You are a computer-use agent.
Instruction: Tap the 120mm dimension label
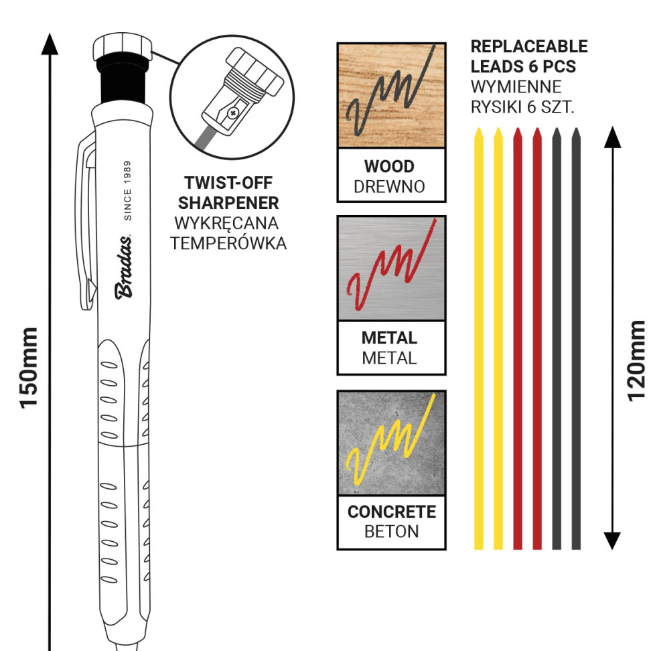point(637,360)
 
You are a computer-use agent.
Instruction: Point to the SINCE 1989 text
point(128,190)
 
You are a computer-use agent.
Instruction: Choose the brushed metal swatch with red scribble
point(391,268)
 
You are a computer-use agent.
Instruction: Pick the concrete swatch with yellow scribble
point(391,443)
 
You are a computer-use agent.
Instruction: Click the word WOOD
point(389,166)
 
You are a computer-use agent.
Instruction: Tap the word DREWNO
point(389,187)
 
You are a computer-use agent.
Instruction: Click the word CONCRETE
point(391,512)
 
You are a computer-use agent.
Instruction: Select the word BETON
point(391,532)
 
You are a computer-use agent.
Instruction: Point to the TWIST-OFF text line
point(228,183)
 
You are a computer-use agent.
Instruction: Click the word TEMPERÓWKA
point(228,243)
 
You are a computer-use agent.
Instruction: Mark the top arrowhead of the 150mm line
point(50,44)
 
